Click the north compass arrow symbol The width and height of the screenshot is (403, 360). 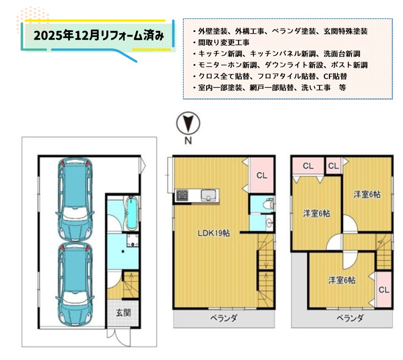tap(188, 123)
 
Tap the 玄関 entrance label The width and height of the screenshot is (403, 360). tap(123, 313)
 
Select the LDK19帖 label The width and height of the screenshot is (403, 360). tap(214, 233)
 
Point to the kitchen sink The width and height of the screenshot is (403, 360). tap(209, 195)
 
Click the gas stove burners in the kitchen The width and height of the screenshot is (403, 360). tap(182, 195)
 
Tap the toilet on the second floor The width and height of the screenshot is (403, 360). tap(269, 204)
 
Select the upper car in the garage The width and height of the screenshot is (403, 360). tap(75, 200)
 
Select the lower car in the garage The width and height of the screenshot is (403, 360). tap(75, 285)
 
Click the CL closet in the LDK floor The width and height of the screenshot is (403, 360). tap(261, 175)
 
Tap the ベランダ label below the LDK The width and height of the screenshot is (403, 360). tap(224, 318)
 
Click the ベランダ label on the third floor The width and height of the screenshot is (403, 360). tap(350, 318)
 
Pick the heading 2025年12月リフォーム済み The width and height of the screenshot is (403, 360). tap(98, 36)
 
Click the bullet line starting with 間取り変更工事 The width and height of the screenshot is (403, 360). tap(221, 43)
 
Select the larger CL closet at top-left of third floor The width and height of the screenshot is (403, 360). tap(308, 166)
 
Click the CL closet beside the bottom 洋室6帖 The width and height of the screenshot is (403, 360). tap(384, 290)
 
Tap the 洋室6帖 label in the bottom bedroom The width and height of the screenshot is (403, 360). tap(342, 280)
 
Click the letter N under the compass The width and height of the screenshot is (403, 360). tap(188, 141)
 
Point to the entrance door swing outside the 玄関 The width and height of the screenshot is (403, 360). tap(119, 337)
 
